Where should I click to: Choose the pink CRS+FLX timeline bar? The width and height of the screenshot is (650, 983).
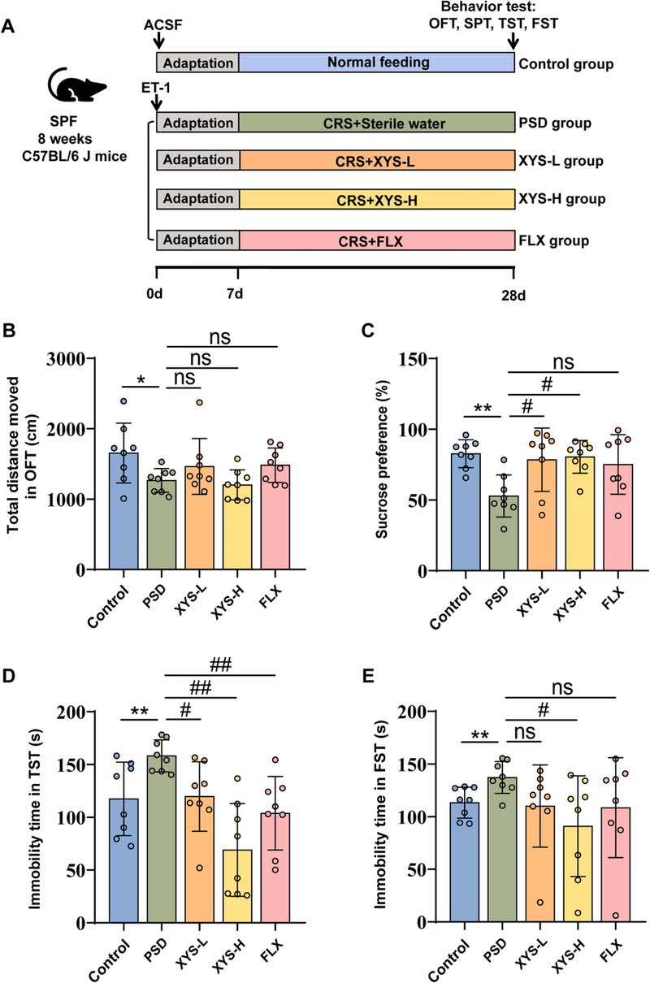376,240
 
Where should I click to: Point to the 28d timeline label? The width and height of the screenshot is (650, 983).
514,292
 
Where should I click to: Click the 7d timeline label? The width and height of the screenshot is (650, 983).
238,292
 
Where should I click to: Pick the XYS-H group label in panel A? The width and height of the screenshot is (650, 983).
560,200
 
